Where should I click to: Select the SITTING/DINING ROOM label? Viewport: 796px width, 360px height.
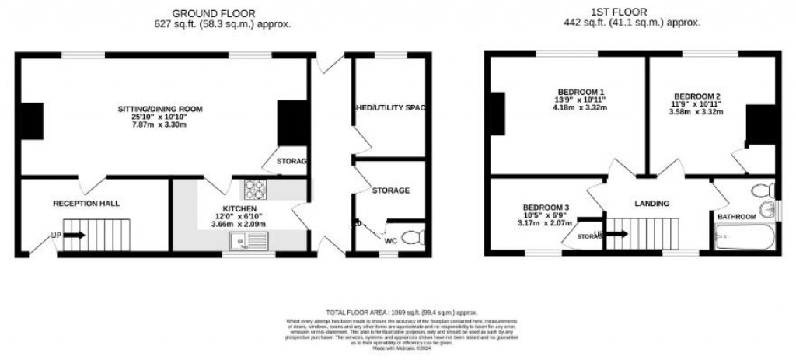pyautogui.click(x=159, y=108)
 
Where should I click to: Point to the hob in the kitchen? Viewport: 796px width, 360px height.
pyautogui.click(x=255, y=188)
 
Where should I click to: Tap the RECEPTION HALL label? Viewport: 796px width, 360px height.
pyautogui.click(x=86, y=203)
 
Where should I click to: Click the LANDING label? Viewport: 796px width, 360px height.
pyautogui.click(x=651, y=204)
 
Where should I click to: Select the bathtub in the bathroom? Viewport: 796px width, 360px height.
pyautogui.click(x=745, y=236)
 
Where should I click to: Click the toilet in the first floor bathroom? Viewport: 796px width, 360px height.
pyautogui.click(x=763, y=190)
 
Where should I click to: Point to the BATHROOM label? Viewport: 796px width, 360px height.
pyautogui.click(x=736, y=216)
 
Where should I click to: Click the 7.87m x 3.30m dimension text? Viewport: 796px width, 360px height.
pyautogui.click(x=159, y=124)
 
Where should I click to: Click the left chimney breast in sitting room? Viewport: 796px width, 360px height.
pyautogui.click(x=32, y=121)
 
